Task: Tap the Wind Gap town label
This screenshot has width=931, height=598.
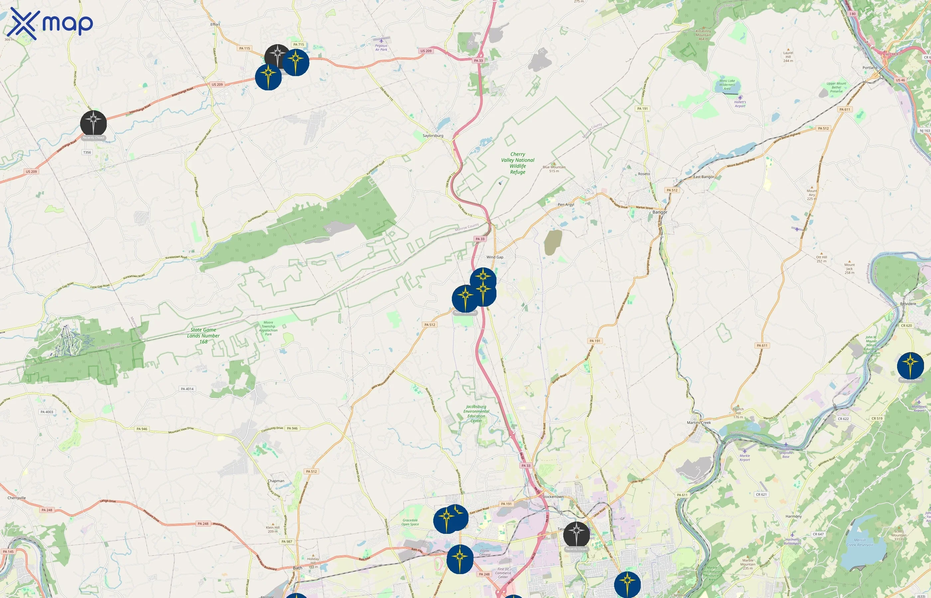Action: (495, 257)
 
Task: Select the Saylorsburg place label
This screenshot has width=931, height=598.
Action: (433, 136)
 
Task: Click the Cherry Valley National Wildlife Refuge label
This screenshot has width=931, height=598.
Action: (518, 163)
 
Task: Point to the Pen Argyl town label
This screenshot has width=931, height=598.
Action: (566, 205)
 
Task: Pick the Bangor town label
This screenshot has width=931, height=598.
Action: (660, 212)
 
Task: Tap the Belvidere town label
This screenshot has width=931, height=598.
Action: (908, 304)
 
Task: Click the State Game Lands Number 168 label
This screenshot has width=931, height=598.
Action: (203, 336)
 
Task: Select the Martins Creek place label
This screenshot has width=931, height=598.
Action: (699, 423)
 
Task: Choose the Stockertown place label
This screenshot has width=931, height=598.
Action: (553, 497)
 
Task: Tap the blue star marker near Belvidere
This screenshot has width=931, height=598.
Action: (910, 365)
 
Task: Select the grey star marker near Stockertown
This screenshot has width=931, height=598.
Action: (576, 534)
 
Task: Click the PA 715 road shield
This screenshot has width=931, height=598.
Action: (298, 45)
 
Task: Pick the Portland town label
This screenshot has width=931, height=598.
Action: (869, 67)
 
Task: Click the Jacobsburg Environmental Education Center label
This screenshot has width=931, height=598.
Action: (476, 414)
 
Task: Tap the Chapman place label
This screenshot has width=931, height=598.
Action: (276, 481)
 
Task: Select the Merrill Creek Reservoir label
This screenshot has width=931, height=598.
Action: (860, 542)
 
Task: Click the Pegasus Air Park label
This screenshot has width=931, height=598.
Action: (381, 48)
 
